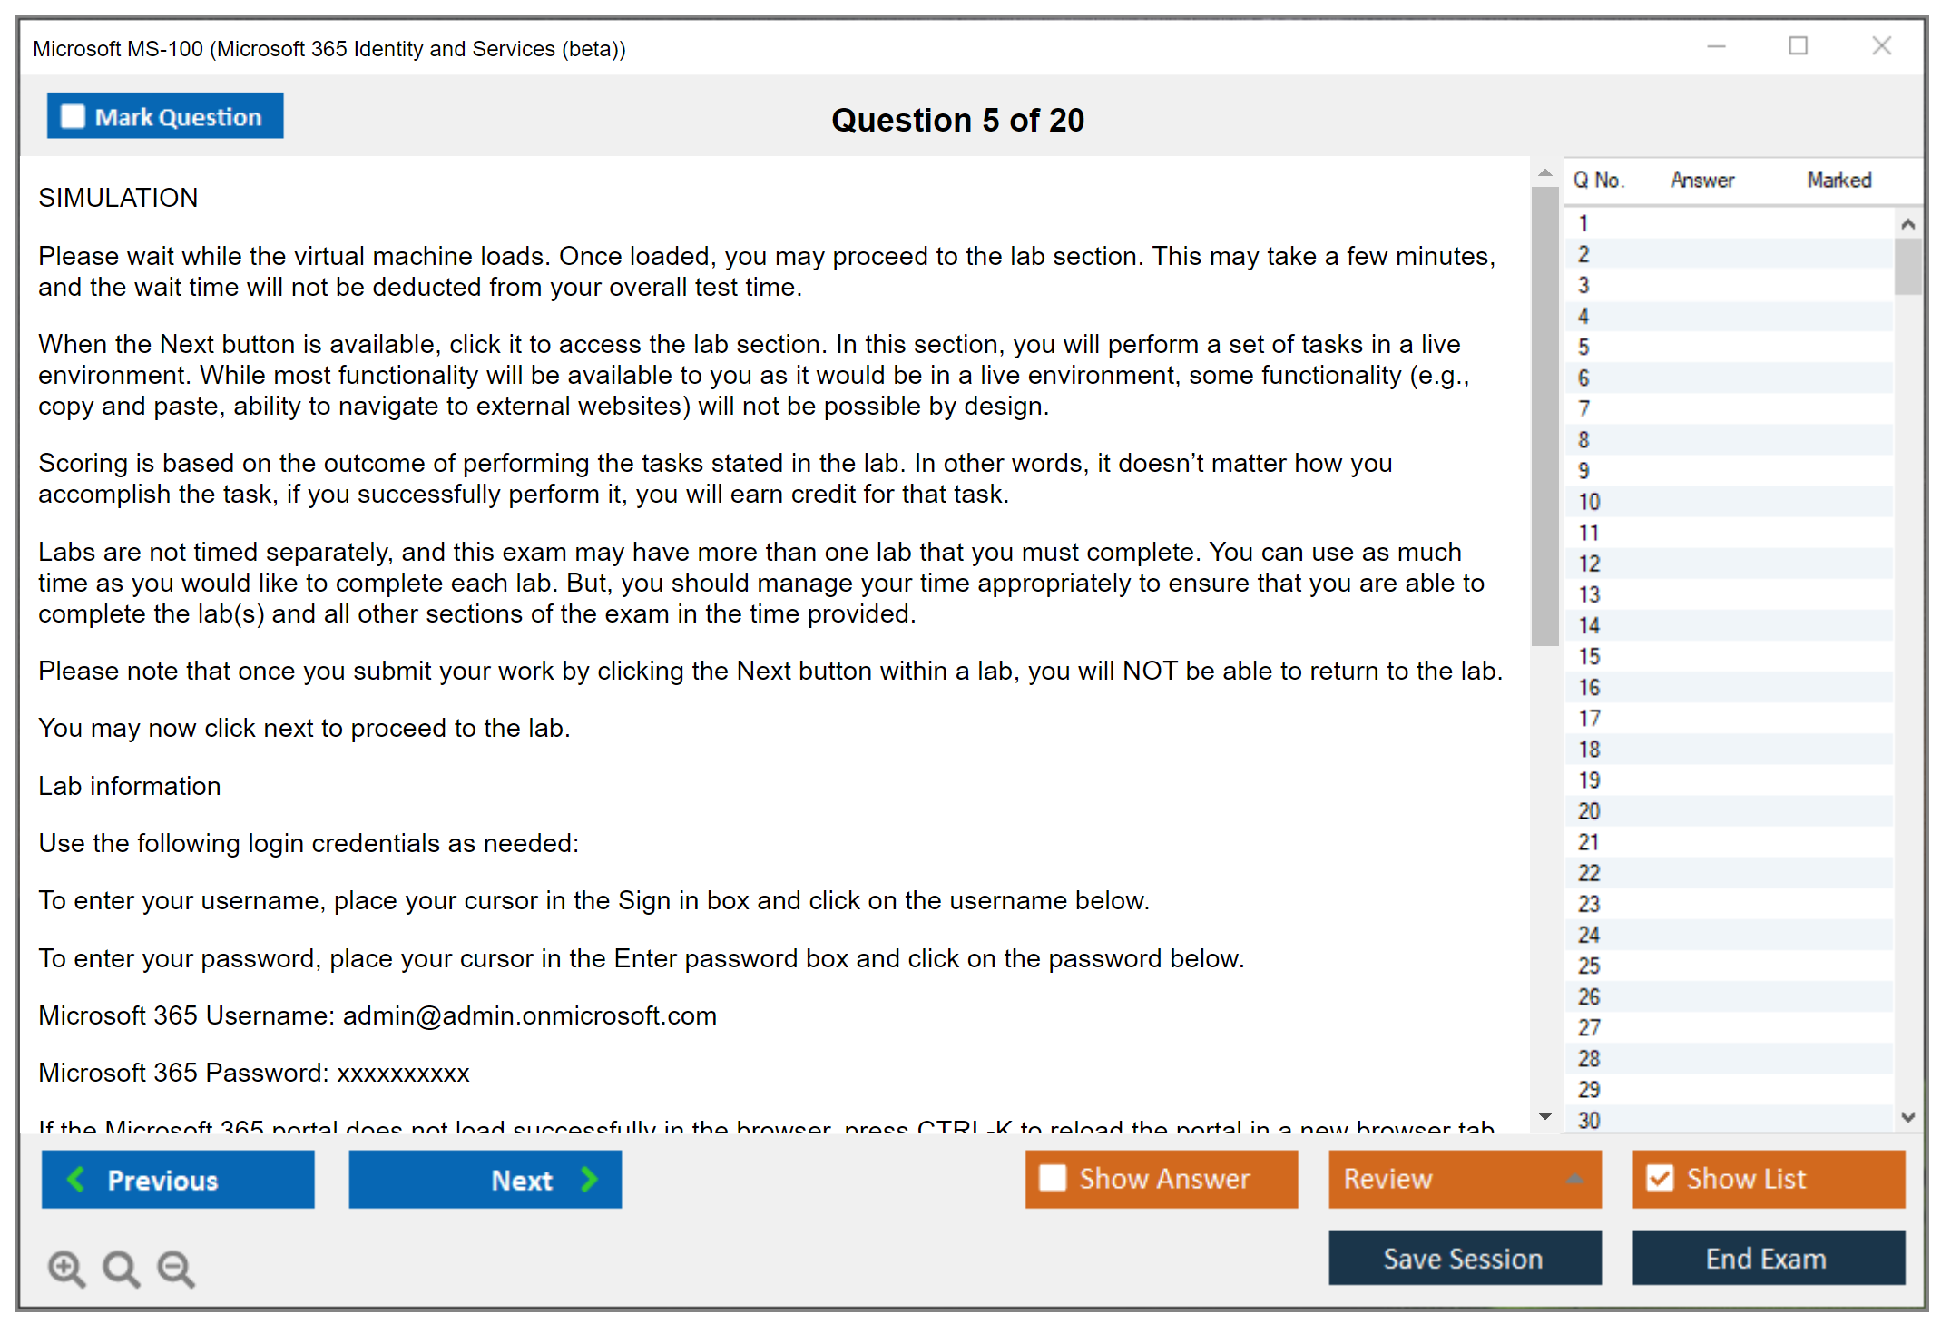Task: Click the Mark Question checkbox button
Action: click(x=165, y=116)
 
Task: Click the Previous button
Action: click(x=178, y=1180)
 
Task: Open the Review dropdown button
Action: click(x=1465, y=1179)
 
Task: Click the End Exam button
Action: click(x=1768, y=1258)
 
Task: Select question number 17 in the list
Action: click(x=1589, y=719)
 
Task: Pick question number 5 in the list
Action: click(x=1584, y=348)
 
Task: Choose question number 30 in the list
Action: click(x=1589, y=1121)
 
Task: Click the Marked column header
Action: click(x=1839, y=180)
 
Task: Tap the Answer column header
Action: click(x=1702, y=180)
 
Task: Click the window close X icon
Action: click(x=1881, y=46)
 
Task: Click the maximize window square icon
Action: click(x=1798, y=46)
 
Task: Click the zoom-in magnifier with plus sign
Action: click(x=66, y=1269)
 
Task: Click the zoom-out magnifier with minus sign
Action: click(x=176, y=1269)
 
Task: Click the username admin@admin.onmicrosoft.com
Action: click(x=530, y=1015)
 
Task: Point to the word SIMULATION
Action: click(x=118, y=198)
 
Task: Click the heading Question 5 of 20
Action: click(x=957, y=120)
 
